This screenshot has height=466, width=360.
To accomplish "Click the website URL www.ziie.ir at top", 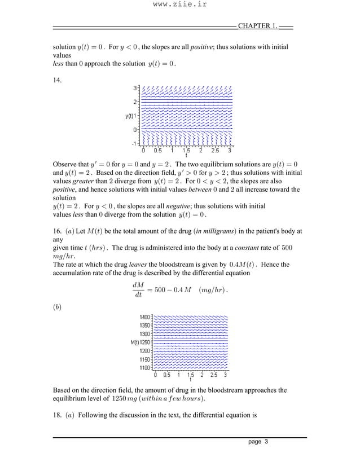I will [x=179, y=6].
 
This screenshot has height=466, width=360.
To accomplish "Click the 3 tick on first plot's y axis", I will [x=135, y=88].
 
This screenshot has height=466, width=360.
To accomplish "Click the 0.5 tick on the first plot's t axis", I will [x=158, y=151].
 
